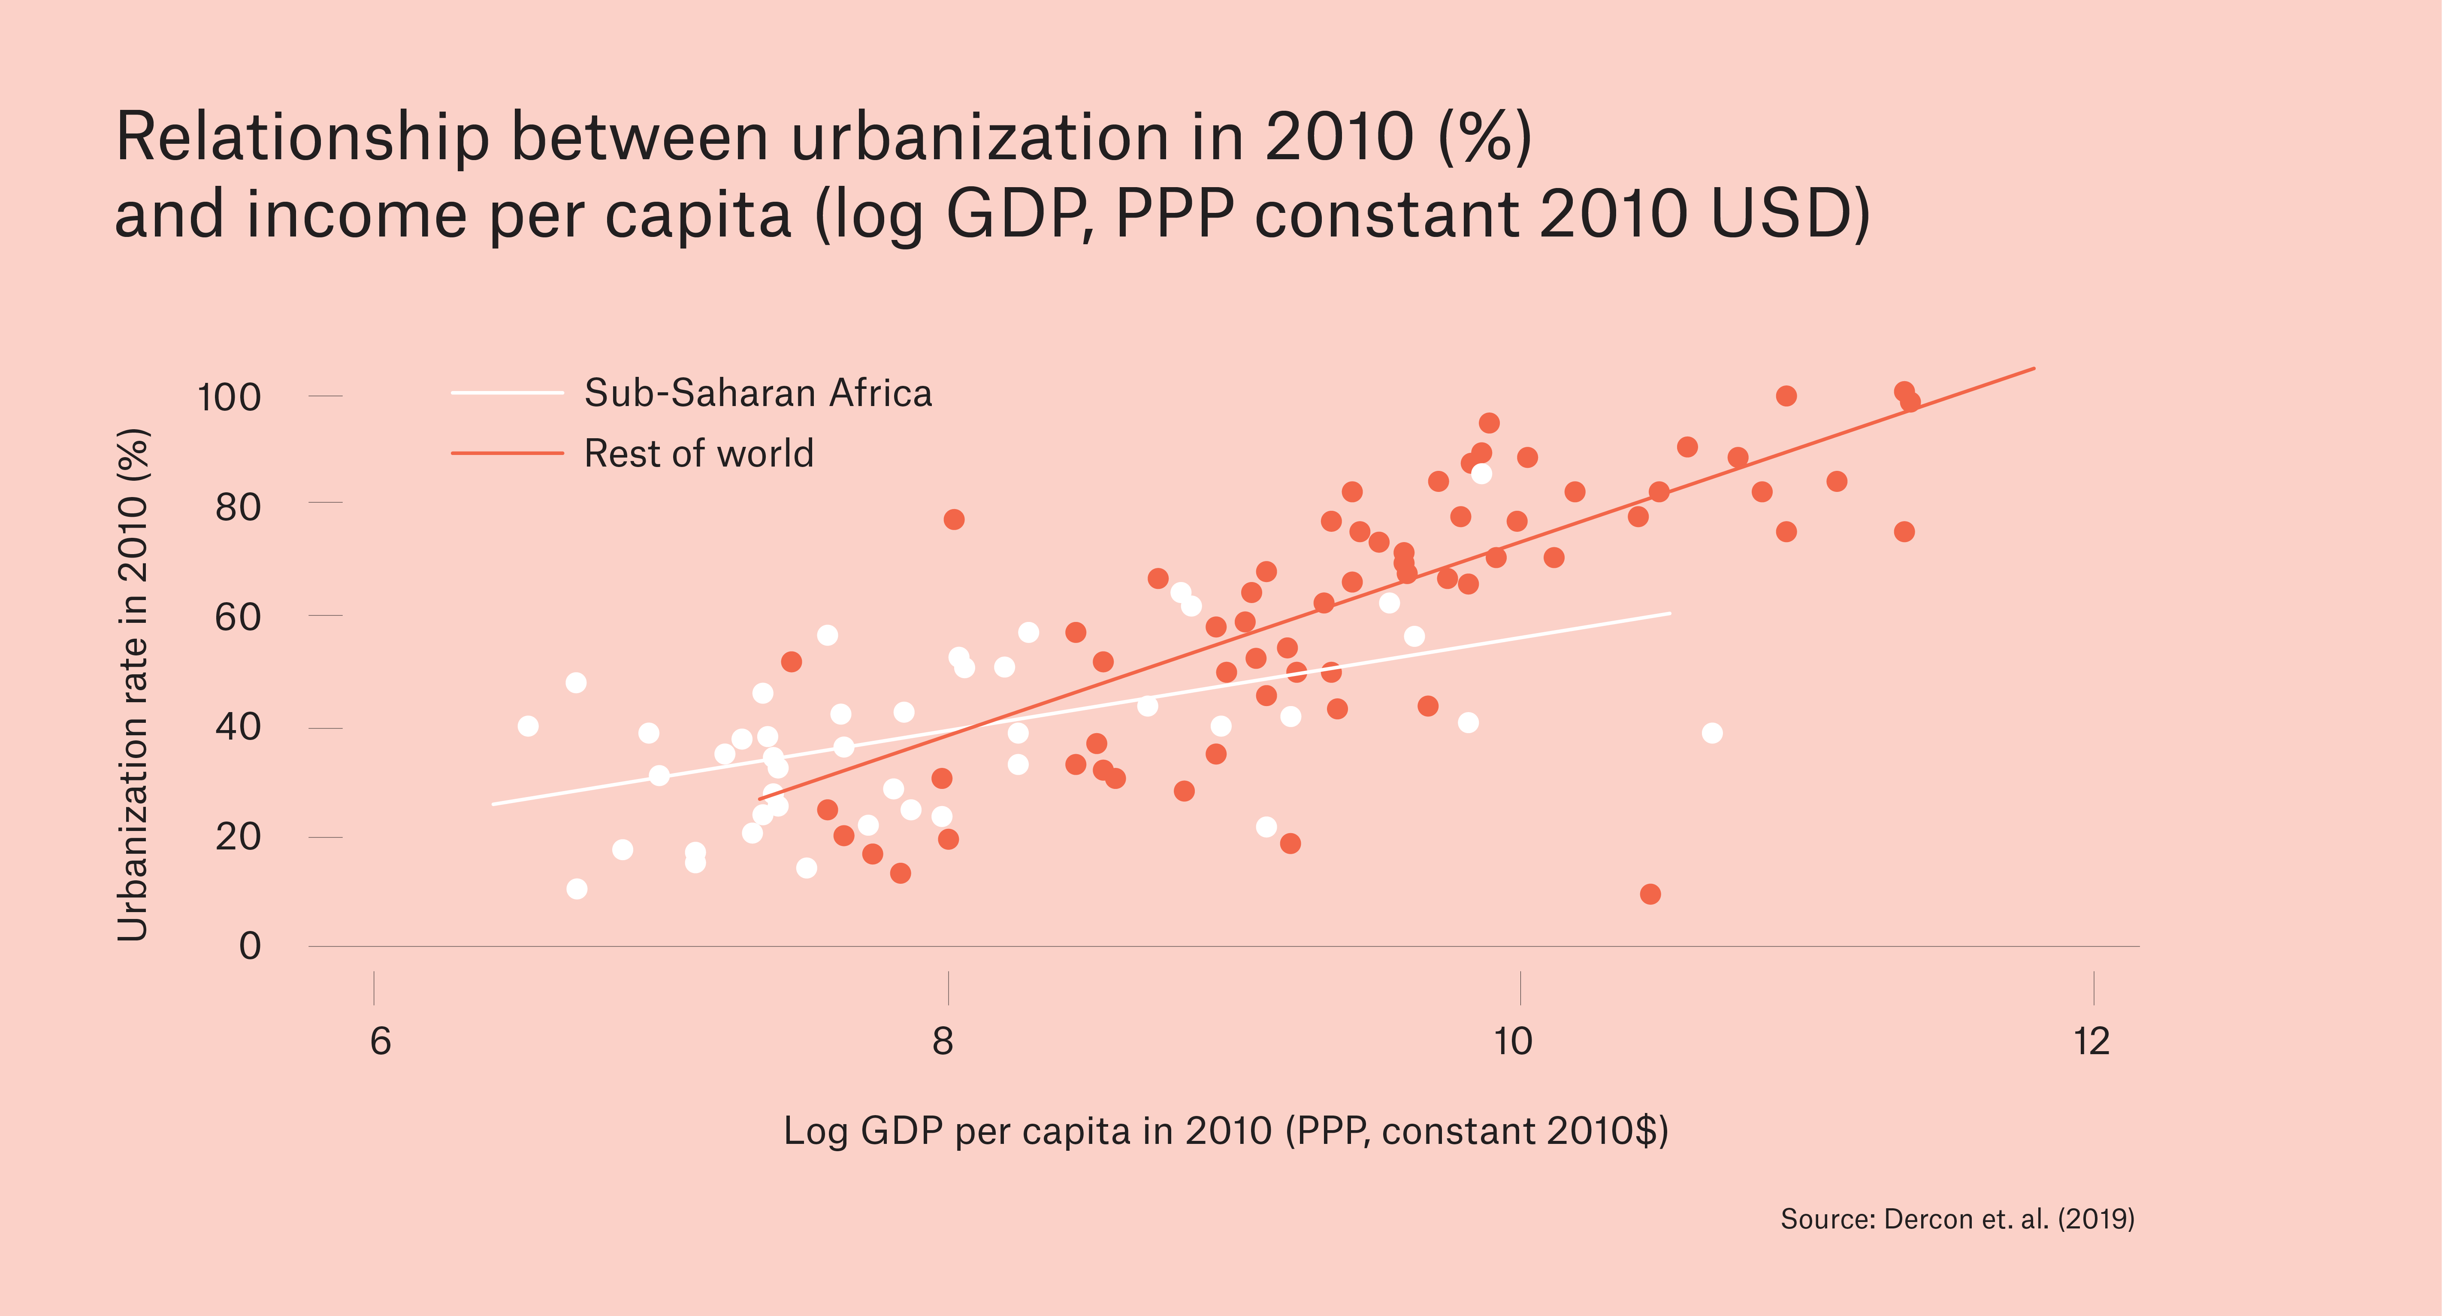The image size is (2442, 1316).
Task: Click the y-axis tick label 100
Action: pos(229,397)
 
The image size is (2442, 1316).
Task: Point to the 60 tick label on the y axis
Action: pos(238,617)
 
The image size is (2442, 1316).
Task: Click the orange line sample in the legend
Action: pos(507,453)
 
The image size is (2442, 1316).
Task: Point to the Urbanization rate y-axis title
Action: pos(134,685)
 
